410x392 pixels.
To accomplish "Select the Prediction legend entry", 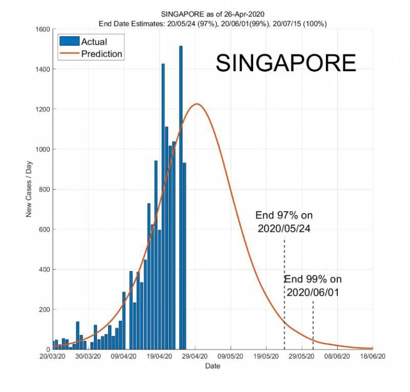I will click(101, 53).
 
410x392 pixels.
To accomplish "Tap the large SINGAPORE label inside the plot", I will click(285, 63).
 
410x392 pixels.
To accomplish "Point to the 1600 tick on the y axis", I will click(42, 29).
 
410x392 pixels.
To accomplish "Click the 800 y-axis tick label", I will click(44, 190).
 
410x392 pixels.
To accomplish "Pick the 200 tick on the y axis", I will click(44, 310).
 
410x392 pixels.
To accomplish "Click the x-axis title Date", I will click(213, 366).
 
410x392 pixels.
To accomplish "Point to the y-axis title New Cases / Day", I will click(29, 189).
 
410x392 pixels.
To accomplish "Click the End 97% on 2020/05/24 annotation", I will click(284, 222).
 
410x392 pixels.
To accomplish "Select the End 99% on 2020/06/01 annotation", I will click(313, 285).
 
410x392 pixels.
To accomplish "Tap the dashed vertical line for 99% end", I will click(313, 323).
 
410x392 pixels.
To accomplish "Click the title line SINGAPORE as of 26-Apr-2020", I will click(213, 15).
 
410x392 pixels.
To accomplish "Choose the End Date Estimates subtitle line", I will click(213, 24).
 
